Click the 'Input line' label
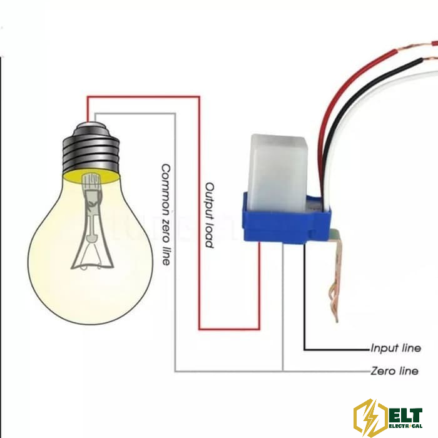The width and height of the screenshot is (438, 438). (395, 349)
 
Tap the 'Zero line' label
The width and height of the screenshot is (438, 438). (394, 371)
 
